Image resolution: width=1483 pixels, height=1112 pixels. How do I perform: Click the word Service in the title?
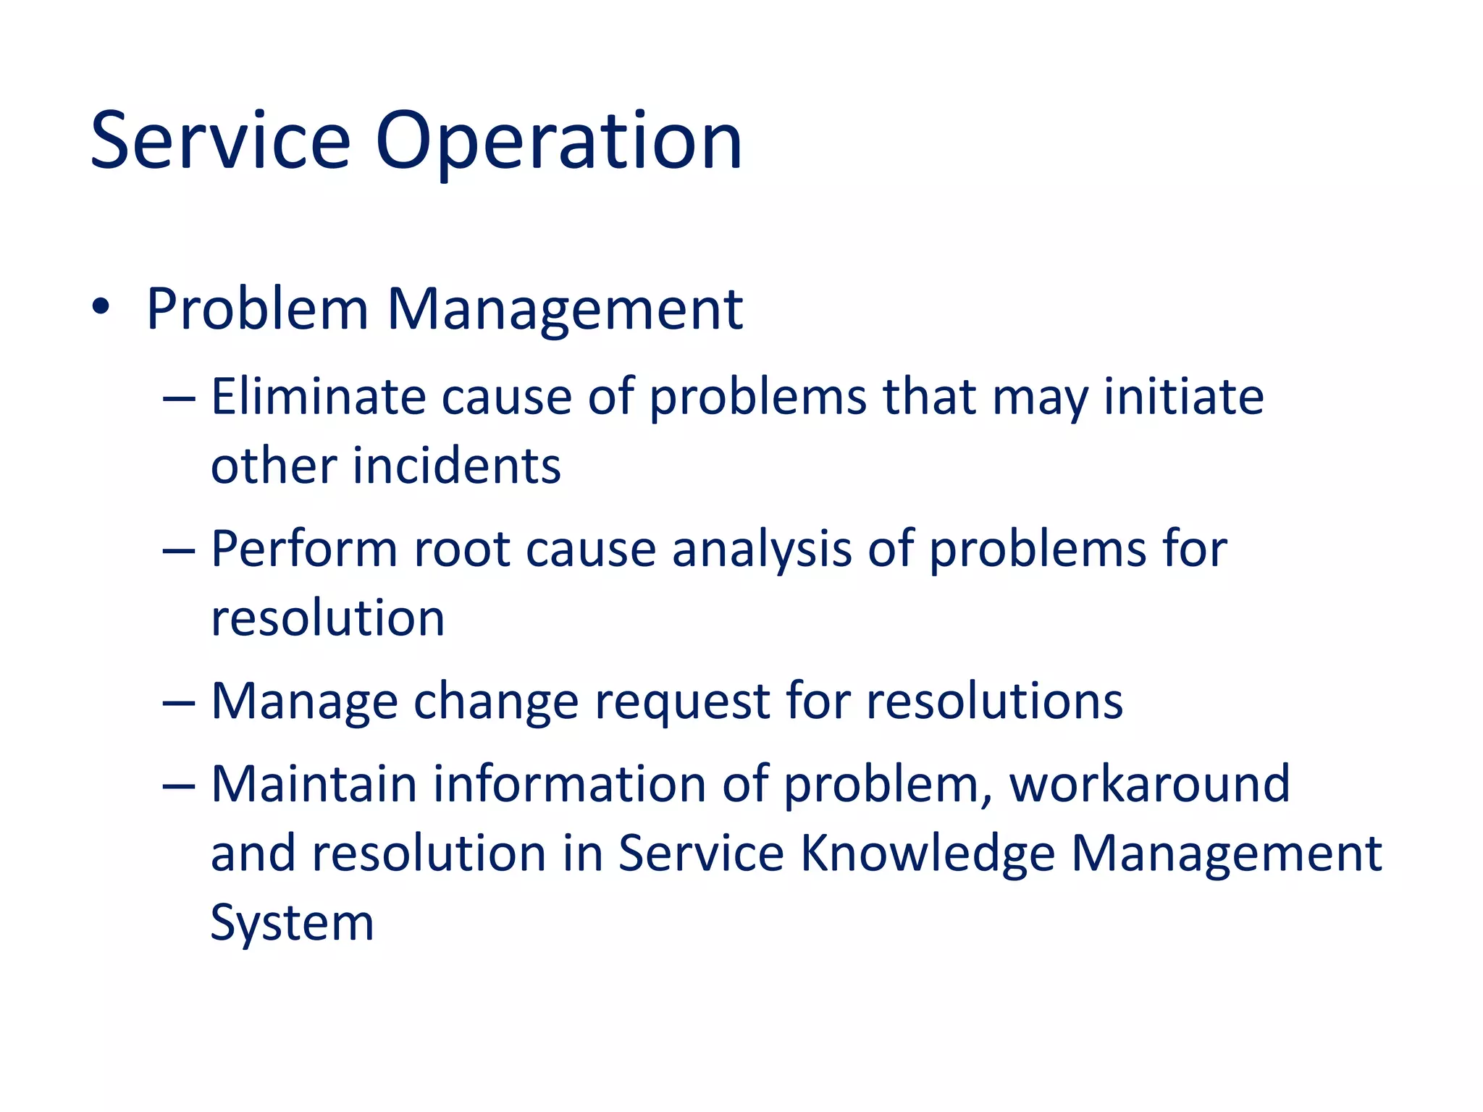click(220, 141)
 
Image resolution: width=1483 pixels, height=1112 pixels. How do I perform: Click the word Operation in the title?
click(558, 141)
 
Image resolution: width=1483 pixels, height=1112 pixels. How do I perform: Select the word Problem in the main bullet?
click(257, 310)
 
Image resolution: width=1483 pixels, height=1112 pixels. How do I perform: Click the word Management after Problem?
click(565, 310)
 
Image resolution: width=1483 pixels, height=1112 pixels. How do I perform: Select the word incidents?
click(456, 466)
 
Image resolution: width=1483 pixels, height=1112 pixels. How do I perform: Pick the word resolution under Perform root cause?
click(327, 619)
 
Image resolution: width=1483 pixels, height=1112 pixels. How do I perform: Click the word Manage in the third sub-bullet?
click(304, 702)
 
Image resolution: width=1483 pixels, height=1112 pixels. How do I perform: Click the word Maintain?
click(314, 785)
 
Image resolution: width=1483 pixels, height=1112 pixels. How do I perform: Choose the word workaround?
click(1149, 785)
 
